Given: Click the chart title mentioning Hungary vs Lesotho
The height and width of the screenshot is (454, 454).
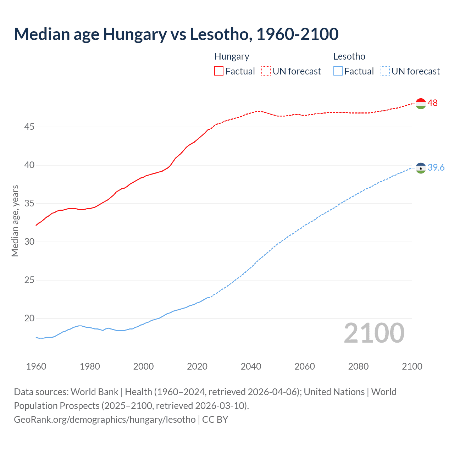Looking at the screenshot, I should [176, 34].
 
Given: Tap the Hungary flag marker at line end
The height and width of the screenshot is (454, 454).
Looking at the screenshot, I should [421, 104].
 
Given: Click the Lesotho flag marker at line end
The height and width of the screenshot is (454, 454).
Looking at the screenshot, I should [421, 168].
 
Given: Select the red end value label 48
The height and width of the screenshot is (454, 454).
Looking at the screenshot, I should [432, 103].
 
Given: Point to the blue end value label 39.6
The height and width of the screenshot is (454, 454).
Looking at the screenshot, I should [436, 168].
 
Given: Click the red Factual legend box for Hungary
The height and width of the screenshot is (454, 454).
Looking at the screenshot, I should [219, 71].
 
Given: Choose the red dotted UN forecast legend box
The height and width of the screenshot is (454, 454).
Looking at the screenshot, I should [266, 71].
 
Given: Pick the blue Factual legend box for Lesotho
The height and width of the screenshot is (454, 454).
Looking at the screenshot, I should [338, 71].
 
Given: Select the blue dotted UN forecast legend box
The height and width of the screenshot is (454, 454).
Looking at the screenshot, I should [385, 71].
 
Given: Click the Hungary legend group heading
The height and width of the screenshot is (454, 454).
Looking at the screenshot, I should [232, 57].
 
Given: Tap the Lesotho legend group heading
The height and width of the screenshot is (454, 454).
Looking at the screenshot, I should [349, 57].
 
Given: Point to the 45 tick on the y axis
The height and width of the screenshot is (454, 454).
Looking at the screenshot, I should [29, 127].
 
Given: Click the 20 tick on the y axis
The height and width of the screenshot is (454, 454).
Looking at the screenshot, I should [29, 318].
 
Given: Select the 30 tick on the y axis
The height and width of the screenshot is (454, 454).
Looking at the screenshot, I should [29, 242].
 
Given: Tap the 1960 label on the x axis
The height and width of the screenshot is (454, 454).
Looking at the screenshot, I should [36, 366].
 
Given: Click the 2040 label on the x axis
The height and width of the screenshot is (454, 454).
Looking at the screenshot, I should [251, 366].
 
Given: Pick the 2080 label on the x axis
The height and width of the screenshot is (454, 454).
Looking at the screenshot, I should [358, 366].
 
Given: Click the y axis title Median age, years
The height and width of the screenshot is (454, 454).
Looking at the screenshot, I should [15, 221].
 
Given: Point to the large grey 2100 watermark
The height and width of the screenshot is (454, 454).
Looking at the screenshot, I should [374, 333].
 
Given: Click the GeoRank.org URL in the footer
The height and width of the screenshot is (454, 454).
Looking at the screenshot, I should [105, 420].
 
